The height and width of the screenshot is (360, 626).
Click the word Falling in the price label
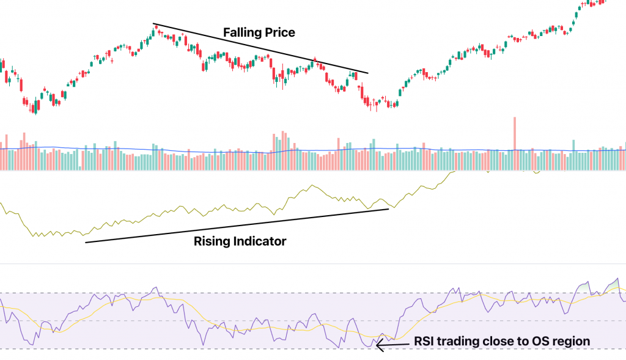[241, 32]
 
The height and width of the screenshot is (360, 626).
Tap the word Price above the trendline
[278, 32]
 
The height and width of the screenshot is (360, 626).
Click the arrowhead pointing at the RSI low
[378, 346]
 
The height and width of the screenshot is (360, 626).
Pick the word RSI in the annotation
[425, 341]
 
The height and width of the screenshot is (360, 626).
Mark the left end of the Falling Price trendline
[153, 24]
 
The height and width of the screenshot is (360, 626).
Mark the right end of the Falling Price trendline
[368, 73]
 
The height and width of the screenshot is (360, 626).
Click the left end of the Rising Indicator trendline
[86, 243]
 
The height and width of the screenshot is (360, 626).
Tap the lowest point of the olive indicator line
[35, 237]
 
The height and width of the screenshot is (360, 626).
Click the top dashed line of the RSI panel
[306, 293]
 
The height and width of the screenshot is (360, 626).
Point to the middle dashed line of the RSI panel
[306, 320]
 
